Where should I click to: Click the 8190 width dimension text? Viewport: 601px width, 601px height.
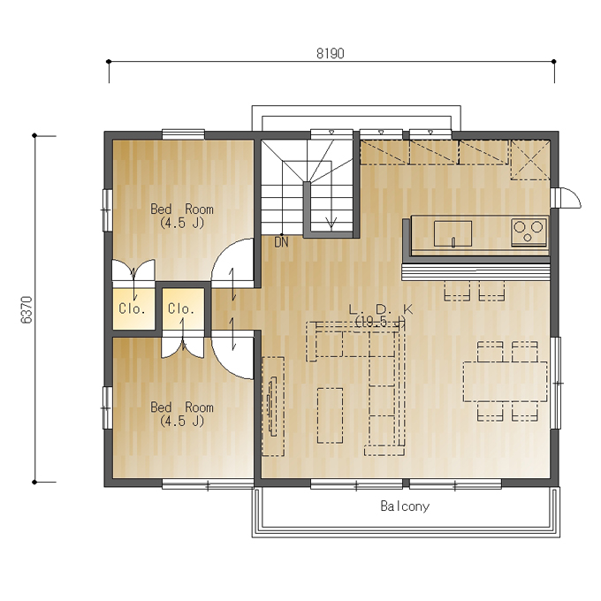(330, 53)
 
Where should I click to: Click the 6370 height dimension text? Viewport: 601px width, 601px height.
(27, 309)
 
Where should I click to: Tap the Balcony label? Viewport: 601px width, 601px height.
(405, 506)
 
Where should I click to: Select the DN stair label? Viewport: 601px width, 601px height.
(281, 242)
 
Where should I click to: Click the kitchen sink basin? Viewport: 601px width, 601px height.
(453, 234)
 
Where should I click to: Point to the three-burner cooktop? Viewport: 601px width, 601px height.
(529, 232)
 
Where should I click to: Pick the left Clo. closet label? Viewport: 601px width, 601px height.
(132, 308)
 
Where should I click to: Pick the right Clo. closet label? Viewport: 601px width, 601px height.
(181, 308)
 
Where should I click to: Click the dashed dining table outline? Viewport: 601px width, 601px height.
(506, 382)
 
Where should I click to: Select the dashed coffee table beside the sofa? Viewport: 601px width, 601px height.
(330, 415)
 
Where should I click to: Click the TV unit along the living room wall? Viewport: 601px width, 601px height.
(273, 407)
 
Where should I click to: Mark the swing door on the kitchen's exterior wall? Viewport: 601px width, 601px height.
(566, 198)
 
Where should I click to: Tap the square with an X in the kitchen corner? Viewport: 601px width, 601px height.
(530, 160)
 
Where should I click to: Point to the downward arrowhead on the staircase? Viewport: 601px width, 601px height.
(331, 223)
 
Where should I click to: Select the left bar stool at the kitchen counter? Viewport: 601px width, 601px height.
(457, 291)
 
